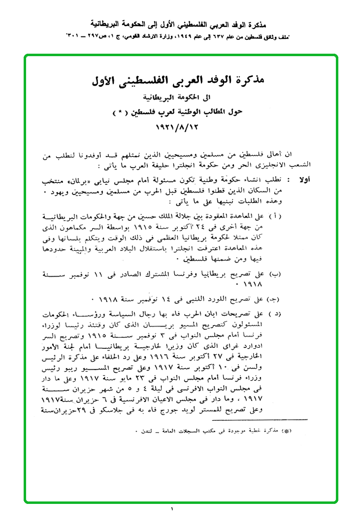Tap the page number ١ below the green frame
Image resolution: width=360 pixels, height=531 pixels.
(173, 509)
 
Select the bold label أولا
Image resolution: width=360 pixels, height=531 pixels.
(305, 181)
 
